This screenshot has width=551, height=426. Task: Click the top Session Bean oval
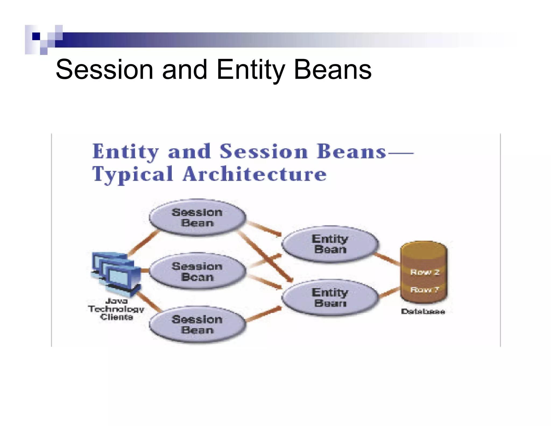[x=197, y=218]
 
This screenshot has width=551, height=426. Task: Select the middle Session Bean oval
[x=197, y=271]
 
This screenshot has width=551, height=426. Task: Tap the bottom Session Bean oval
[x=197, y=325]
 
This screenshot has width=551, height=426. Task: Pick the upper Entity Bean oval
[x=330, y=244]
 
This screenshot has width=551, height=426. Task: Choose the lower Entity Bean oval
[x=330, y=298]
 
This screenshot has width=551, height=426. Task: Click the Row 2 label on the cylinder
[x=425, y=272]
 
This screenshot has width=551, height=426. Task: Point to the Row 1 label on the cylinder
[x=425, y=290]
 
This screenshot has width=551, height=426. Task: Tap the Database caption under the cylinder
[x=423, y=312]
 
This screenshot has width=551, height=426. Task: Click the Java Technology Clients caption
[x=116, y=309]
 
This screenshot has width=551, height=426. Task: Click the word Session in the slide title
[x=104, y=70]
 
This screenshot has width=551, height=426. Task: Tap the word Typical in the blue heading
[x=132, y=174]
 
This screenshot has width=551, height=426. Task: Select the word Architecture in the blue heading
[x=255, y=174]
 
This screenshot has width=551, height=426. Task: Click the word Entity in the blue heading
[x=125, y=151]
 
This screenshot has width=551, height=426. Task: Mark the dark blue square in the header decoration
[x=36, y=36]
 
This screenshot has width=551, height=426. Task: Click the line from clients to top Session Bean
[x=143, y=243]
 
